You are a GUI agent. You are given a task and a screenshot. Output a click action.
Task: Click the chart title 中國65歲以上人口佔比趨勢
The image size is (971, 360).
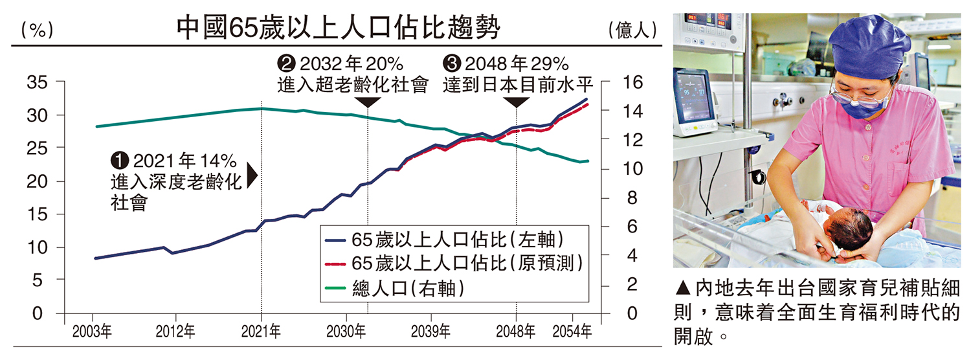click(339, 29)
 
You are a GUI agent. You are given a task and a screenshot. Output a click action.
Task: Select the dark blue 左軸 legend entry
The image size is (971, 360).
click(446, 238)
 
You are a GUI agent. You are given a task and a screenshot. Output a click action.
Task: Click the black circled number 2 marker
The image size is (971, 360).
click(286, 63)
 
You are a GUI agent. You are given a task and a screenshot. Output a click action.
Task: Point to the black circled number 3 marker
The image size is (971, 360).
click(451, 63)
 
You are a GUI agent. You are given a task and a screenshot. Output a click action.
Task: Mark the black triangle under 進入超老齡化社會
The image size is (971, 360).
click(368, 102)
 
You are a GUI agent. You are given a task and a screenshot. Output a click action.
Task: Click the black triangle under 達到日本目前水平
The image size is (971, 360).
click(516, 102)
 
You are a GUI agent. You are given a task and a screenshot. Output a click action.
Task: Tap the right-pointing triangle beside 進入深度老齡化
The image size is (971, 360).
click(252, 175)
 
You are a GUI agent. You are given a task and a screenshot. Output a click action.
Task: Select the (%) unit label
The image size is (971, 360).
click(36, 30)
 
